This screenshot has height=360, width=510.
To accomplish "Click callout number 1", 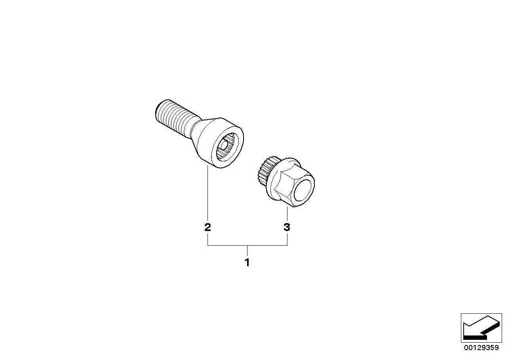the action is coord(247,263).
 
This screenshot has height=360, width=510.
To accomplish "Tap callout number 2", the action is coord(207,227).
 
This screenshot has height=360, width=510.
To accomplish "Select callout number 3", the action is coord(287,227).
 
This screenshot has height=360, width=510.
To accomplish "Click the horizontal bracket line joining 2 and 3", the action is coord(247,245).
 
